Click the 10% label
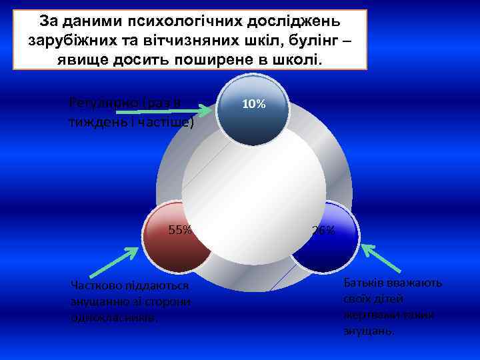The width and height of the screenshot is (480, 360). point(254,105)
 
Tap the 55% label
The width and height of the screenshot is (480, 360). point(180,231)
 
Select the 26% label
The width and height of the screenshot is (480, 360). point(324,231)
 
